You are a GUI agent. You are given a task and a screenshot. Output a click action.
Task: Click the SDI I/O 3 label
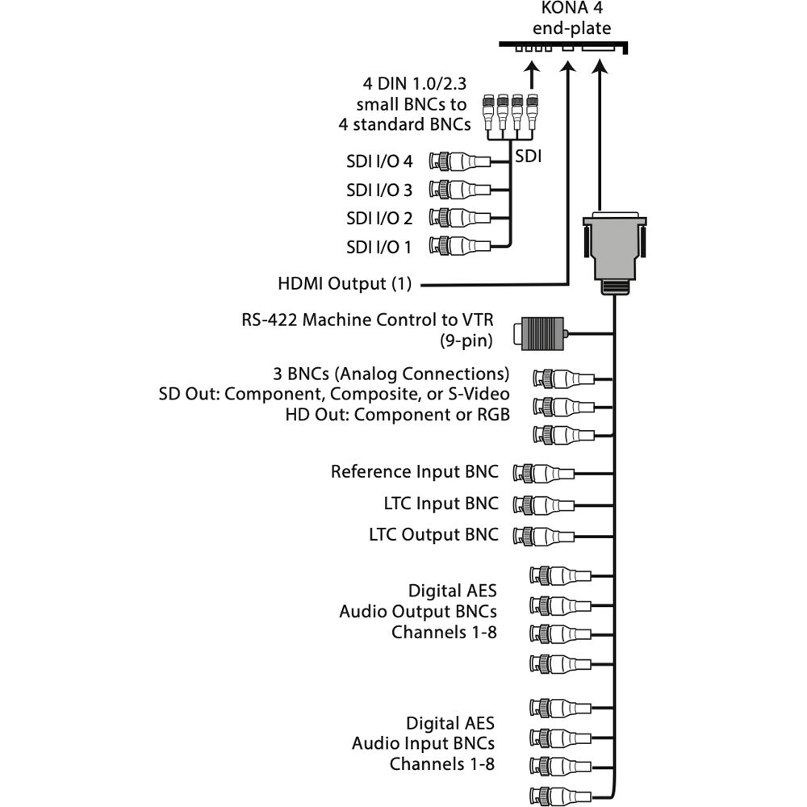point(378,190)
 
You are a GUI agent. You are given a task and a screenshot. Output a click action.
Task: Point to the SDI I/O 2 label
point(378,217)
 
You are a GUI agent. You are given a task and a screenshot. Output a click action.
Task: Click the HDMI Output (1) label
point(345,284)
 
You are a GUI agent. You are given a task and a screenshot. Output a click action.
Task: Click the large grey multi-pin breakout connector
point(615,251)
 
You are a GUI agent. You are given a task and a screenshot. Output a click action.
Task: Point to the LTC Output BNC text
point(433,534)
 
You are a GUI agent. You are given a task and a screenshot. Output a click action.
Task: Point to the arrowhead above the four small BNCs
point(531,73)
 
